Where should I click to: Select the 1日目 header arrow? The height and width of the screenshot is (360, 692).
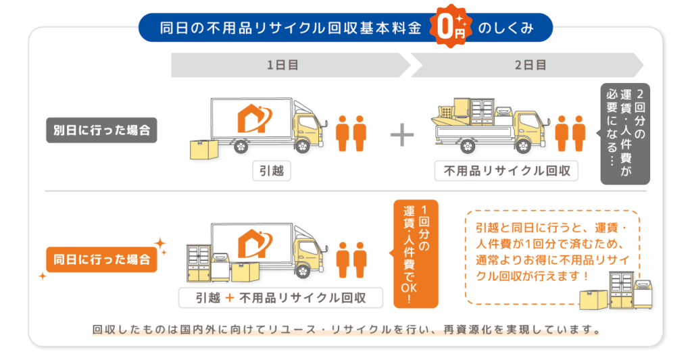pyautogui.click(x=284, y=66)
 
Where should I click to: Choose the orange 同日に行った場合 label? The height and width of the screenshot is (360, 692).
pyautogui.click(x=101, y=259)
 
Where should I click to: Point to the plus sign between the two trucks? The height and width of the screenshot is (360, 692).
pyautogui.click(x=402, y=134)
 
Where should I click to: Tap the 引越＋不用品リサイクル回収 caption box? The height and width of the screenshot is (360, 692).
pyautogui.click(x=280, y=297)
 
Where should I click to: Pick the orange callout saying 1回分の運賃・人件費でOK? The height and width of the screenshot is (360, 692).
pyautogui.click(x=415, y=253)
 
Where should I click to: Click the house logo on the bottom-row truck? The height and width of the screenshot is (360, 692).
pyautogui.click(x=253, y=245)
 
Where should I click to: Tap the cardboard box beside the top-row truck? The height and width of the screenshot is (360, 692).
pyautogui.click(x=203, y=149)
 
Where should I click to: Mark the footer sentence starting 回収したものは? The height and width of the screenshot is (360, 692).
pyautogui.click(x=346, y=331)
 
